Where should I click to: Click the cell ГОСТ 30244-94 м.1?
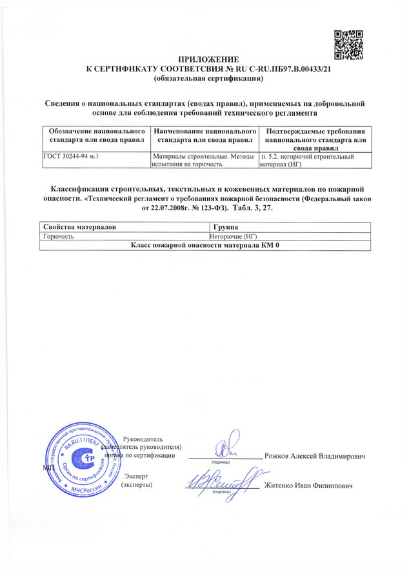pos(70,156)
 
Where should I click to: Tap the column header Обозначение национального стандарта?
pos(95,135)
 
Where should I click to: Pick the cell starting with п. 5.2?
pos(314,160)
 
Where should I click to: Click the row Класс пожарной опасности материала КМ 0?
pos(204,246)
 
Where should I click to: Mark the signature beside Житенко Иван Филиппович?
pos(219,480)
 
